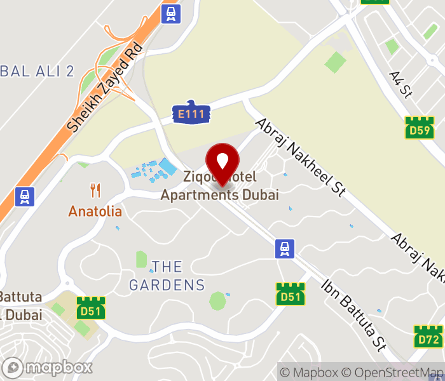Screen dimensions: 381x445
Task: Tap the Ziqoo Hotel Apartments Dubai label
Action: (219, 185)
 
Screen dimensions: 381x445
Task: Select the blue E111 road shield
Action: (191, 113)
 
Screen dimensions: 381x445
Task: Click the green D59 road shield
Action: (420, 128)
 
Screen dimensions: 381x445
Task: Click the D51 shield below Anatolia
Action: (91, 308)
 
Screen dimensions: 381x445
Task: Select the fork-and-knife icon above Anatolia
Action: (95, 190)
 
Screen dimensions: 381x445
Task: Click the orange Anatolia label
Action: (95, 210)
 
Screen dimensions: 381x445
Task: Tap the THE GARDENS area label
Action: (167, 276)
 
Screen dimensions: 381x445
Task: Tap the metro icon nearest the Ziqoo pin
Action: (285, 248)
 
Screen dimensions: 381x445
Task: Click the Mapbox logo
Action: (48, 367)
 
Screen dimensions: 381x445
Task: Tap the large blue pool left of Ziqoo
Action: (168, 167)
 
